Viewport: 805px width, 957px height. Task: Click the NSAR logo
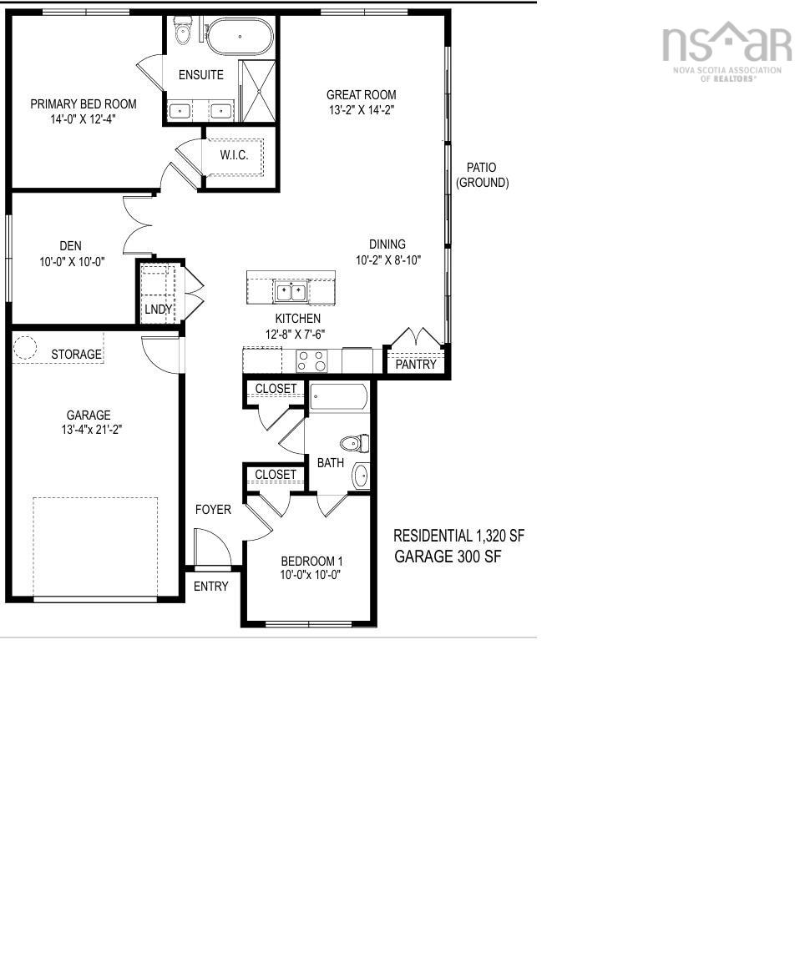coord(727,52)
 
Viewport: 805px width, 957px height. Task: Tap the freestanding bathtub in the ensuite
coord(240,37)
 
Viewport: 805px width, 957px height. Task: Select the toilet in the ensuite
coord(183,32)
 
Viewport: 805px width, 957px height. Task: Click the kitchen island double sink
coord(290,292)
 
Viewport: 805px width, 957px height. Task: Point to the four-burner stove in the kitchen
coord(311,360)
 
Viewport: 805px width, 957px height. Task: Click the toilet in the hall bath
coord(355,443)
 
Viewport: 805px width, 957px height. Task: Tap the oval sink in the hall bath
coord(361,476)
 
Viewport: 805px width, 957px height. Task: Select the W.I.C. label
coord(234,155)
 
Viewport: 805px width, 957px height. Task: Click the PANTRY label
coord(416,365)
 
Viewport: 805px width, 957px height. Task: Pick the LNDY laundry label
coord(158,310)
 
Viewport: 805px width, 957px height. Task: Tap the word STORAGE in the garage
coord(76,354)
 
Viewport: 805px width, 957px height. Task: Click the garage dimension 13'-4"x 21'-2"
coord(92,429)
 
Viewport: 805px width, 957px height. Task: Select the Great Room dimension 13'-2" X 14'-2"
coord(362,110)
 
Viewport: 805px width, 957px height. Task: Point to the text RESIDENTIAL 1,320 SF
coord(458,536)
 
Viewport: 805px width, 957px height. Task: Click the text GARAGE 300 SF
coord(448,556)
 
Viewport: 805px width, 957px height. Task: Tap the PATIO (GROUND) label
coord(483,174)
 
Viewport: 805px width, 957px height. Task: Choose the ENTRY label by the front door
coord(210,587)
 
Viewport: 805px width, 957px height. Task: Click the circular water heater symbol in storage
coord(25,346)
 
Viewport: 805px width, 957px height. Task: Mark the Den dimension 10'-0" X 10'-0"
coord(72,262)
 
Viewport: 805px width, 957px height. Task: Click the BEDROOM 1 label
coord(311,561)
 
